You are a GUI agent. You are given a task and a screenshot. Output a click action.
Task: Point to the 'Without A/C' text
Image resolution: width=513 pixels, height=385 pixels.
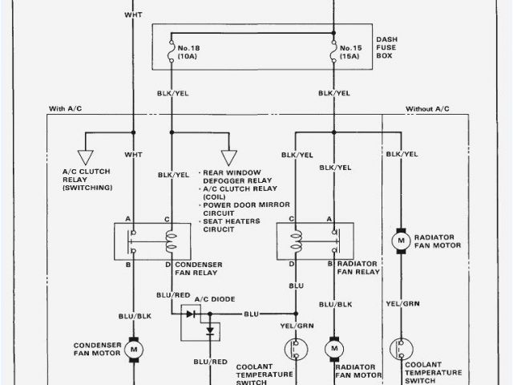click(x=427, y=108)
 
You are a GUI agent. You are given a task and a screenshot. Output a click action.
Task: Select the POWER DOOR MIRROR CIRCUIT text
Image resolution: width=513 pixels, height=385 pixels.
click(x=236, y=210)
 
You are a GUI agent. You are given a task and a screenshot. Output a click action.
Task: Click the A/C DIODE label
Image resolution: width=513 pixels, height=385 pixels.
click(x=214, y=298)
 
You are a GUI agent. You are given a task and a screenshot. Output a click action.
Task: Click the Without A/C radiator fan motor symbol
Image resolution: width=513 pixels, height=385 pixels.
click(x=399, y=240)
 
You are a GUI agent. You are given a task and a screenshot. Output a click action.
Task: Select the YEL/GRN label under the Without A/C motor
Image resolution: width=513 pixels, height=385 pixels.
click(x=401, y=304)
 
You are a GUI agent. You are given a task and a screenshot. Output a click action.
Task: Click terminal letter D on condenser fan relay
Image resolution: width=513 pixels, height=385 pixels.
click(x=168, y=264)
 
